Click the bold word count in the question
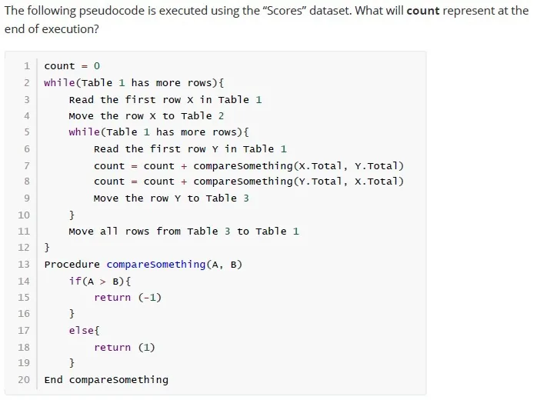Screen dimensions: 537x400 point(423,11)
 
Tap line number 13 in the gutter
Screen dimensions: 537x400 point(24,265)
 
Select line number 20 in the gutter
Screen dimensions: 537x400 point(24,379)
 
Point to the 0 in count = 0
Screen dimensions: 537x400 point(97,65)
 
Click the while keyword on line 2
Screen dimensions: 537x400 point(59,82)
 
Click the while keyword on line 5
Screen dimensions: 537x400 point(85,132)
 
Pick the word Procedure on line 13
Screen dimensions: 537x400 point(72,265)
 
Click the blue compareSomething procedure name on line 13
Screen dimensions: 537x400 point(156,265)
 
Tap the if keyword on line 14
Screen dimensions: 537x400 point(75,281)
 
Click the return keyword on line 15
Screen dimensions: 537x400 point(112,297)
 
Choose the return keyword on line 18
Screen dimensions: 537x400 point(112,347)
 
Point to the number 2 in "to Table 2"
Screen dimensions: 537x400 point(222,115)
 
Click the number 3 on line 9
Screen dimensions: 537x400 point(246,198)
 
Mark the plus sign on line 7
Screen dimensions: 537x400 point(184,166)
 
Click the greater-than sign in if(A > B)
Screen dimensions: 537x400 point(103,282)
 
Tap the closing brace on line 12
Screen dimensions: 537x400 point(47,247)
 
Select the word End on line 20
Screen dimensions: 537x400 point(53,379)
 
